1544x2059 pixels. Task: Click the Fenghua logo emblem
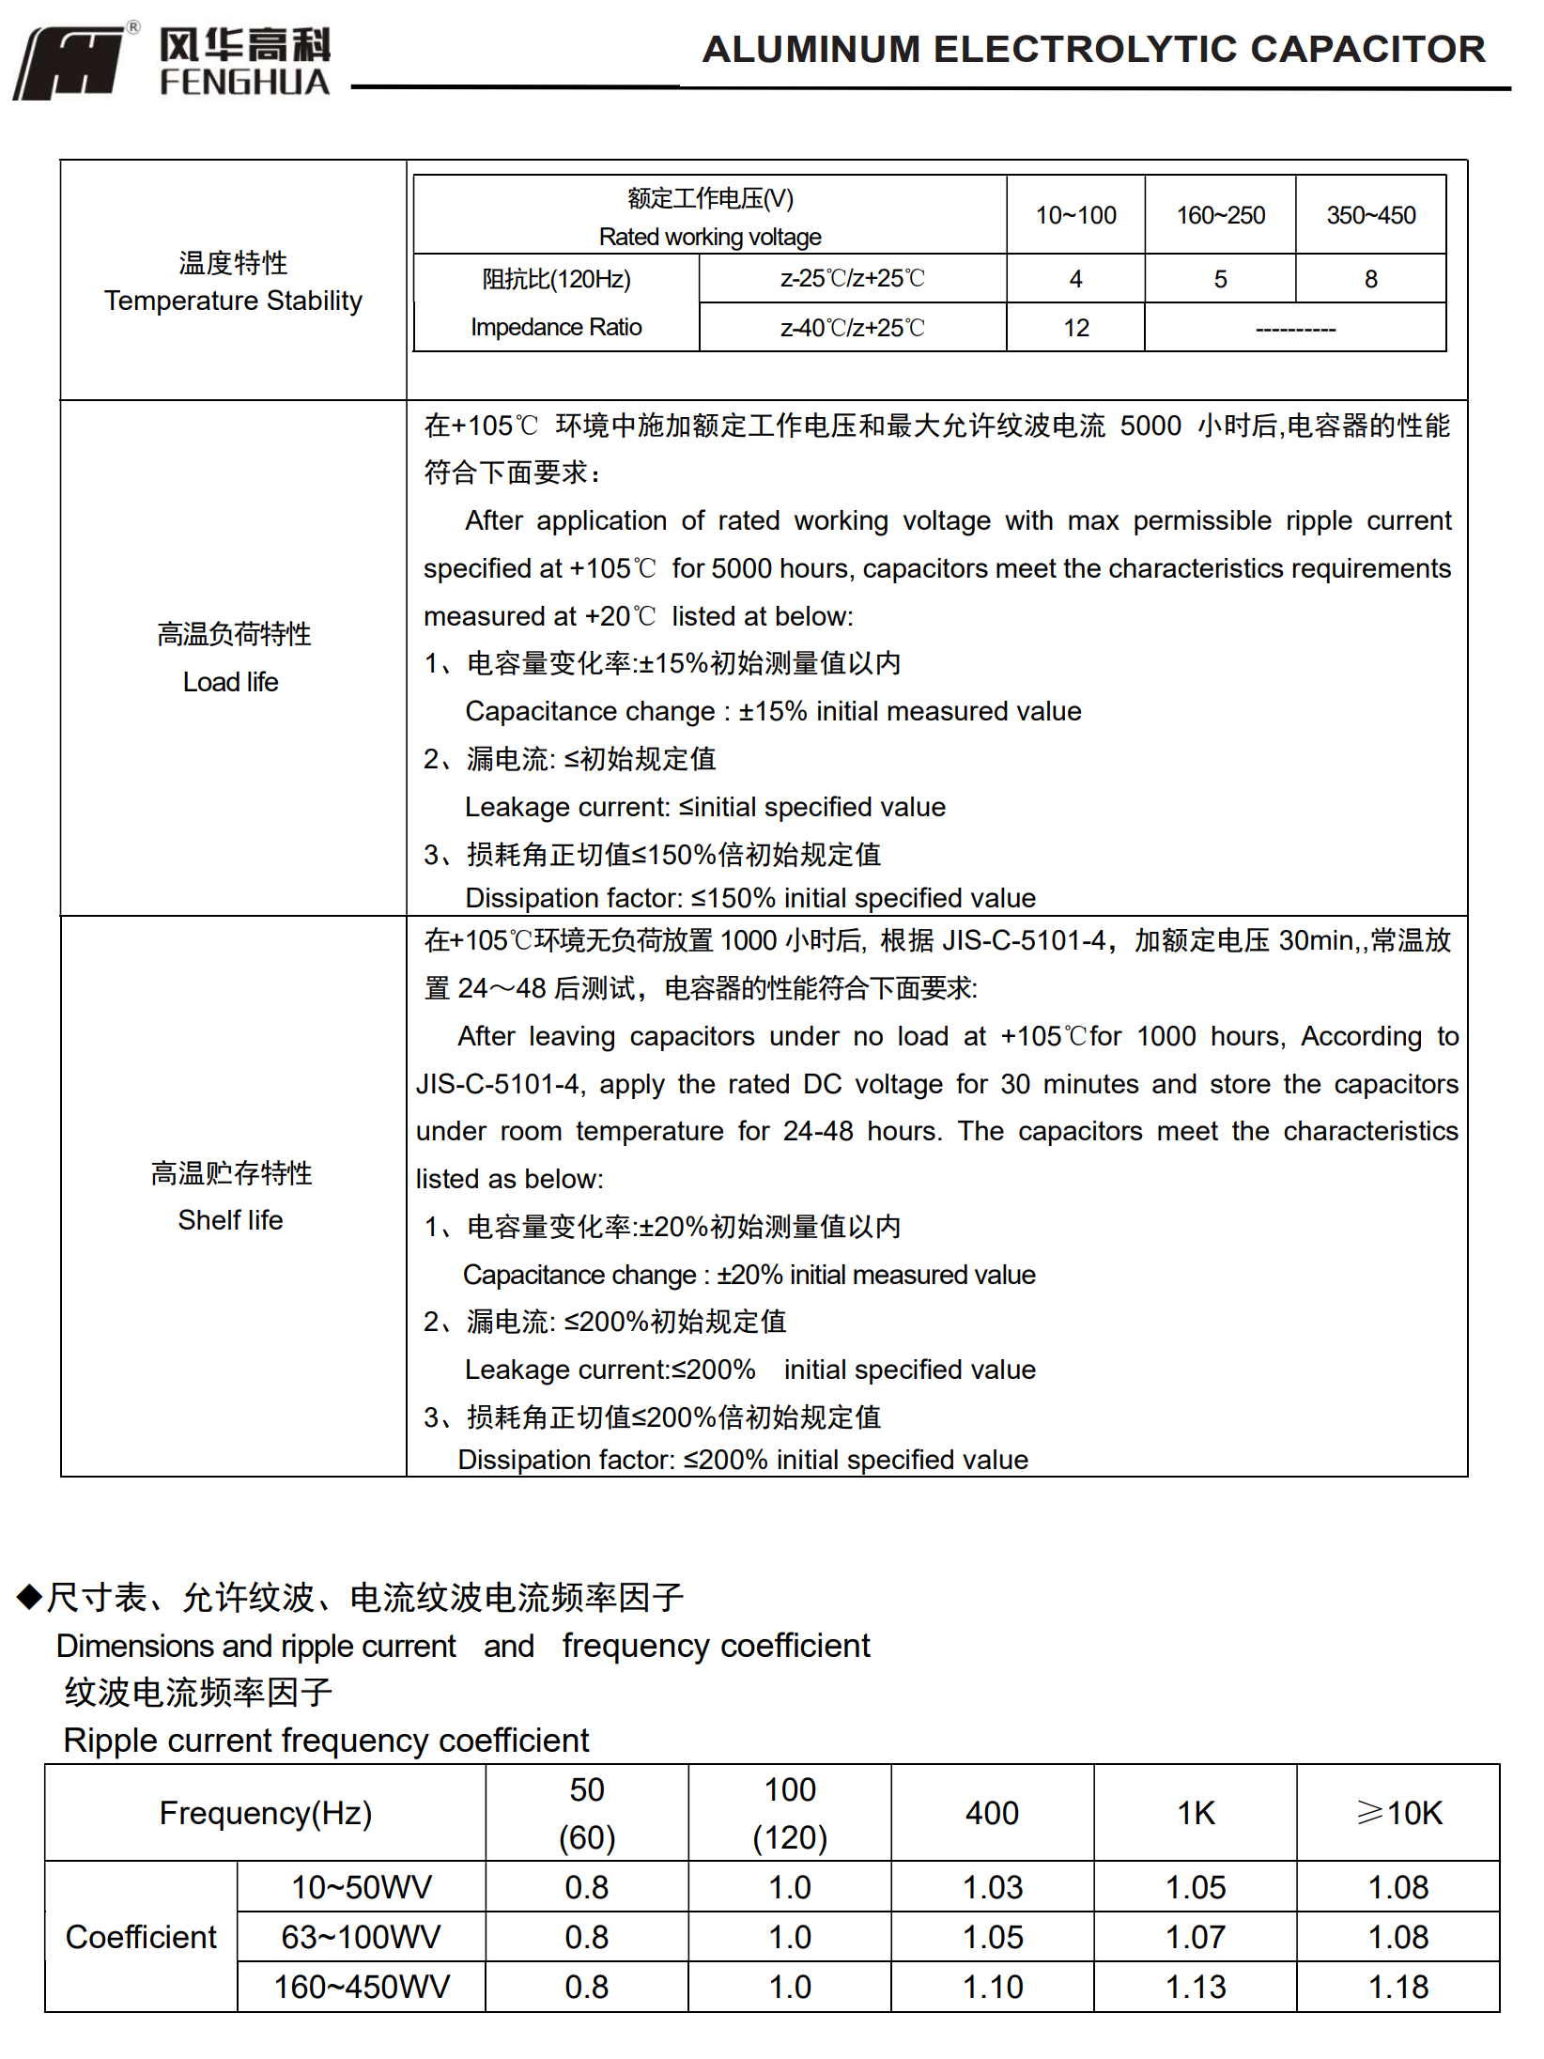(x=70, y=62)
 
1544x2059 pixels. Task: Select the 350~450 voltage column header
(x=1370, y=215)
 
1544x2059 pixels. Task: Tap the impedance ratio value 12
(x=1075, y=328)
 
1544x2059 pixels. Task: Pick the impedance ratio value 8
(x=1370, y=279)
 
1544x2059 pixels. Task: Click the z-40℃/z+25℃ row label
(x=852, y=328)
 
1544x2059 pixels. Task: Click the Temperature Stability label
(x=233, y=301)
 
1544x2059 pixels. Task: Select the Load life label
(x=231, y=682)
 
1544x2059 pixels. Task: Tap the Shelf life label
(x=230, y=1220)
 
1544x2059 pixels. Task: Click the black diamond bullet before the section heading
(x=29, y=1596)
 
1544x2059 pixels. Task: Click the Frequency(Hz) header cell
(x=266, y=1813)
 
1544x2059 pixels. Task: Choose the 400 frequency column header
(x=992, y=1813)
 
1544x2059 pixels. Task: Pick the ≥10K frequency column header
(x=1398, y=1813)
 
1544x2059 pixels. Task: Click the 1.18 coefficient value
(x=1398, y=1987)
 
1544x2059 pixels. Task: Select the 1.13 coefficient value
(x=1196, y=1987)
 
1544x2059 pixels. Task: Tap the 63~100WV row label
(x=361, y=1937)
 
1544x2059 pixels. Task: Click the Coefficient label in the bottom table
(x=141, y=1937)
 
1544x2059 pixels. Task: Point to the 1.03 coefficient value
(x=992, y=1887)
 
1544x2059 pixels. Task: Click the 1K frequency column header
(x=1196, y=1813)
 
